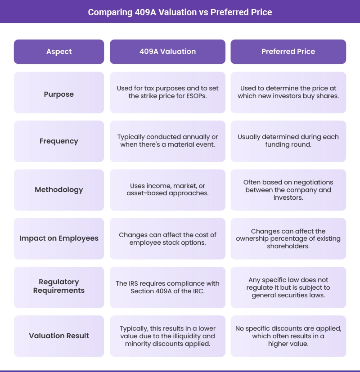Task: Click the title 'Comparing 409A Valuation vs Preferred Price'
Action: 180,12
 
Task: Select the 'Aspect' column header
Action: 59,52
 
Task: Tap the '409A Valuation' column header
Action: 167,52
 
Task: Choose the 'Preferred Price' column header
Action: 288,52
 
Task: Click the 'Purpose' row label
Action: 59,94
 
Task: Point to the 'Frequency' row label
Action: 59,141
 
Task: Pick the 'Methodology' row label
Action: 59,190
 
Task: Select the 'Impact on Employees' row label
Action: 59,238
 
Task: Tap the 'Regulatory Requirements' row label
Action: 59,286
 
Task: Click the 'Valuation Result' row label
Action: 59,336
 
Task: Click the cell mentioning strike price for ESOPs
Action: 167,92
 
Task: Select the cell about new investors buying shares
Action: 288,92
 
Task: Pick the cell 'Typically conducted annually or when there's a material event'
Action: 167,141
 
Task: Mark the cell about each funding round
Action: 288,141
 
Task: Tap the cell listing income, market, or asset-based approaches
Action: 167,189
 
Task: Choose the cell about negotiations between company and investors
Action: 288,189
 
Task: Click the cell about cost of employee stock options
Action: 167,238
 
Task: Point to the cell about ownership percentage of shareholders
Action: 288,238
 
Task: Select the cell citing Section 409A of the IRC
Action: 167,287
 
